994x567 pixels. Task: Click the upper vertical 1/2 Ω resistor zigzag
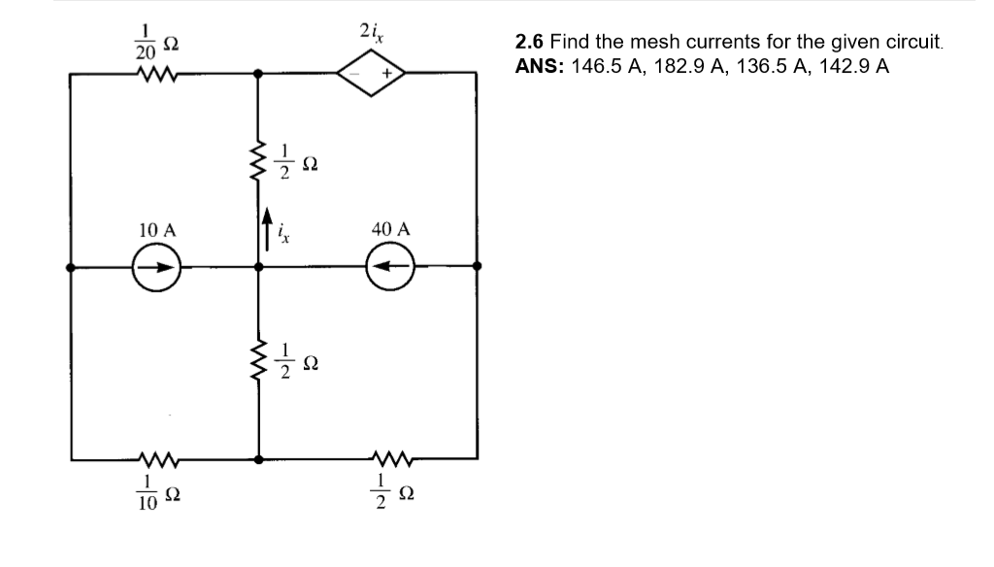[x=258, y=161]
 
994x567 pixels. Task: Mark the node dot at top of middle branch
[x=258, y=73]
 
